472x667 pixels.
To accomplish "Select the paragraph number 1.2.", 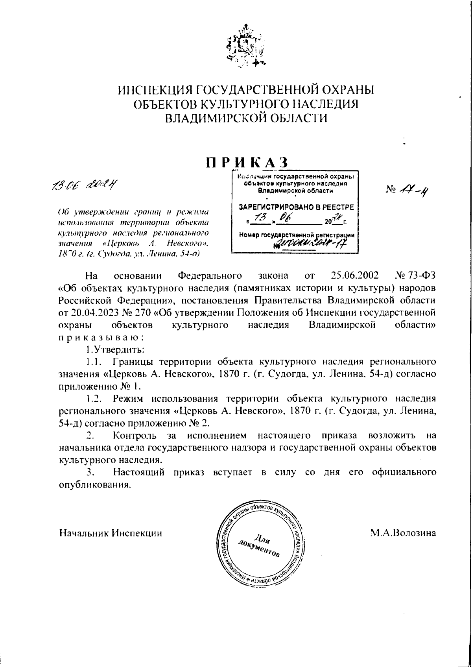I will (94, 399).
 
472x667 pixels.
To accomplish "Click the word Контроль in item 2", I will (136, 436).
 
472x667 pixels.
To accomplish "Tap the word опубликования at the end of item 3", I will (94, 485).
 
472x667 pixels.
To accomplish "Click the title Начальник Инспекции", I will (111, 533).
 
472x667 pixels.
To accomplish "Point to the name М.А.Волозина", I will (403, 533).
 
